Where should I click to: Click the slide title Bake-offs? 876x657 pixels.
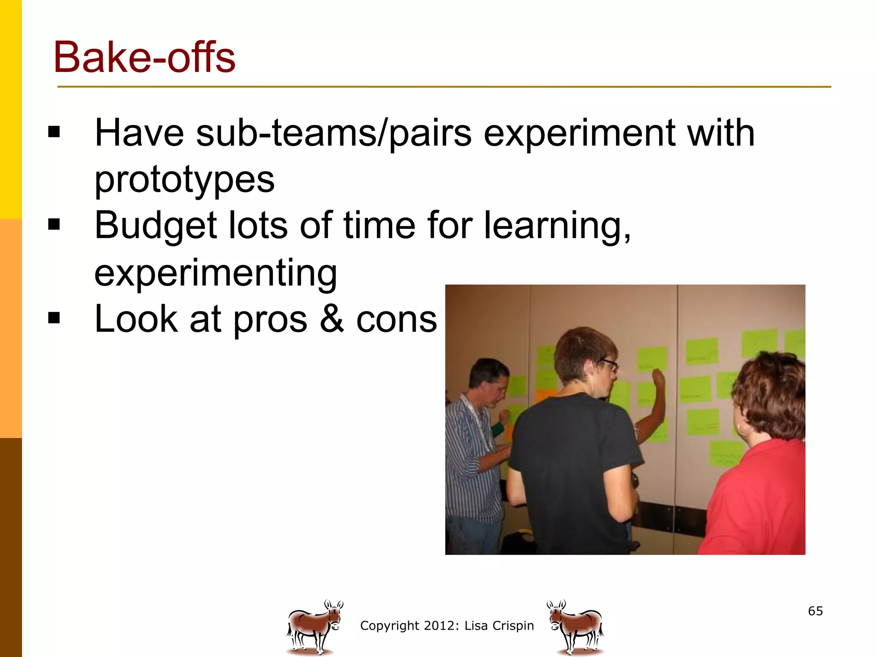point(144,58)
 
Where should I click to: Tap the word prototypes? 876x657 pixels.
point(184,180)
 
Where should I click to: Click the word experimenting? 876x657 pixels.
point(216,273)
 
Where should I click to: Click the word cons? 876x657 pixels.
point(397,320)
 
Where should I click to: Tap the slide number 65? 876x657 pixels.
point(815,611)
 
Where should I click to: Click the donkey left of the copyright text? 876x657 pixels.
point(314,627)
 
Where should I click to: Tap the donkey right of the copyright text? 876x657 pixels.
point(576,627)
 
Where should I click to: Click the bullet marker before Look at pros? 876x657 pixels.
point(54,318)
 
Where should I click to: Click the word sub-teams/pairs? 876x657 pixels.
point(334,133)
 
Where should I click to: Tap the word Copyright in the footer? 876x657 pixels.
point(390,626)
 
